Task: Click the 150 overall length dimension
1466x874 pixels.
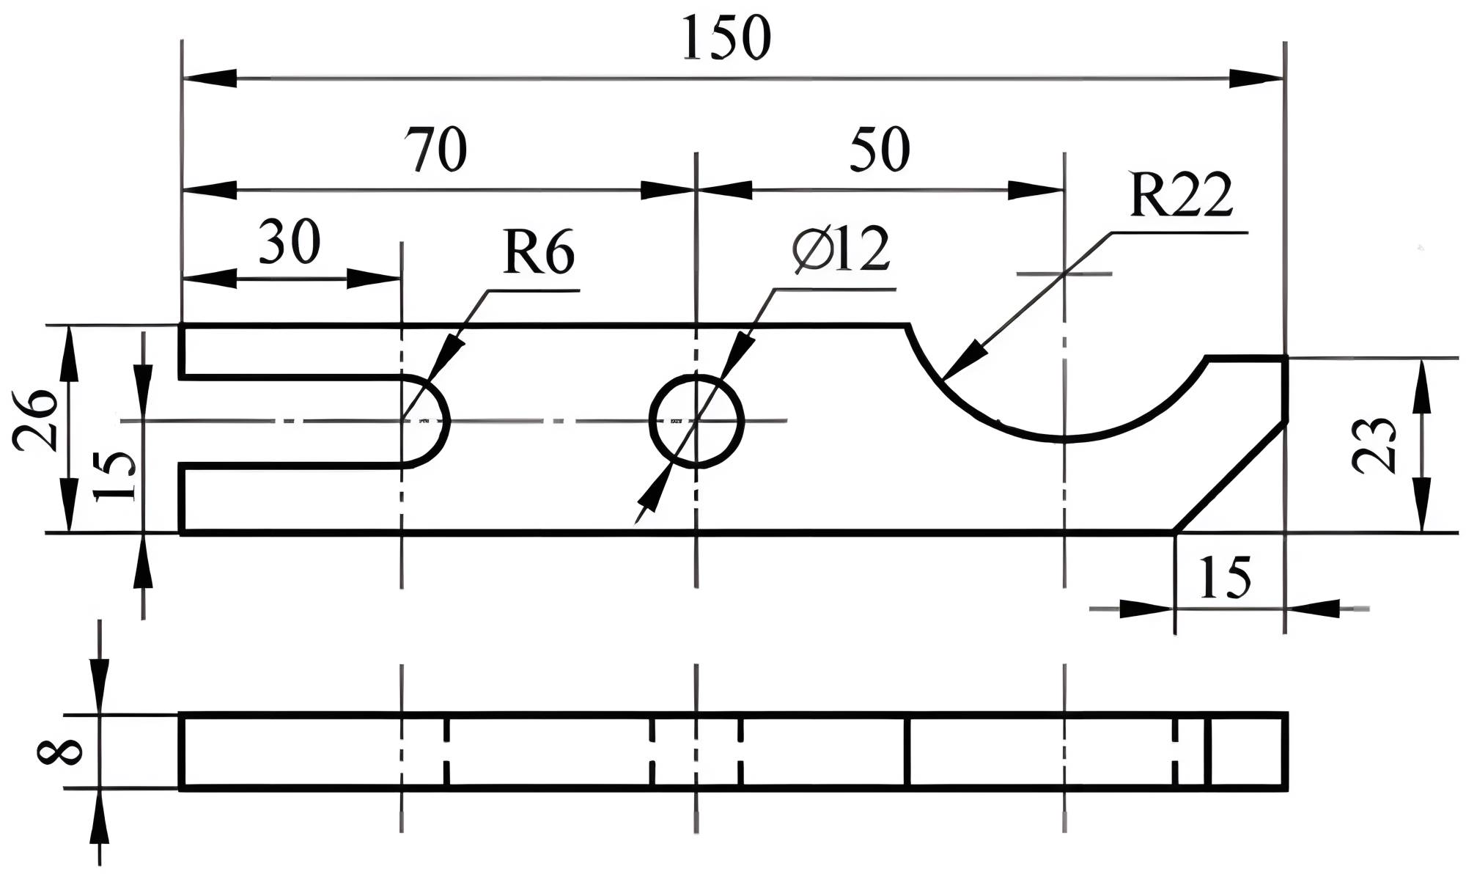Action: point(726,38)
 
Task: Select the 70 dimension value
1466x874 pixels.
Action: point(438,150)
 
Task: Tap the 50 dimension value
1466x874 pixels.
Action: point(880,150)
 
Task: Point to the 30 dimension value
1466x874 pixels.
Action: point(290,242)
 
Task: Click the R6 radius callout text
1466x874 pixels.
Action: point(538,254)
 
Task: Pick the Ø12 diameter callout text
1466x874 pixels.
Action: point(841,249)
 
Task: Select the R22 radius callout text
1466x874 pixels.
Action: point(1181,196)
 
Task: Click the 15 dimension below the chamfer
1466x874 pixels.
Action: point(1226,579)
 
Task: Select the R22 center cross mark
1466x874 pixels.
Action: point(1064,274)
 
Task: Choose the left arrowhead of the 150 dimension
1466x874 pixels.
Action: point(209,78)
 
